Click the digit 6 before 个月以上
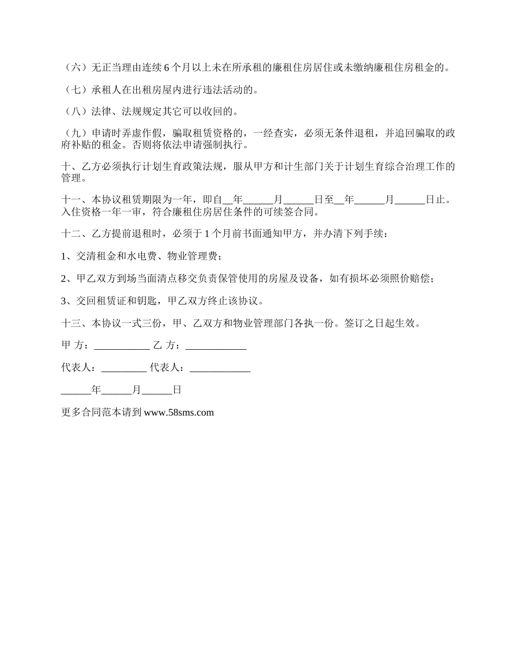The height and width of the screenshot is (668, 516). coord(166,68)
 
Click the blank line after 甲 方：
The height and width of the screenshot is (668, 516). coord(122,345)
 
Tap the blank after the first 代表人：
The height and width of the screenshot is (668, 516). coord(124,368)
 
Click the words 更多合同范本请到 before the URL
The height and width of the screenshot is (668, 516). coord(102,412)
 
